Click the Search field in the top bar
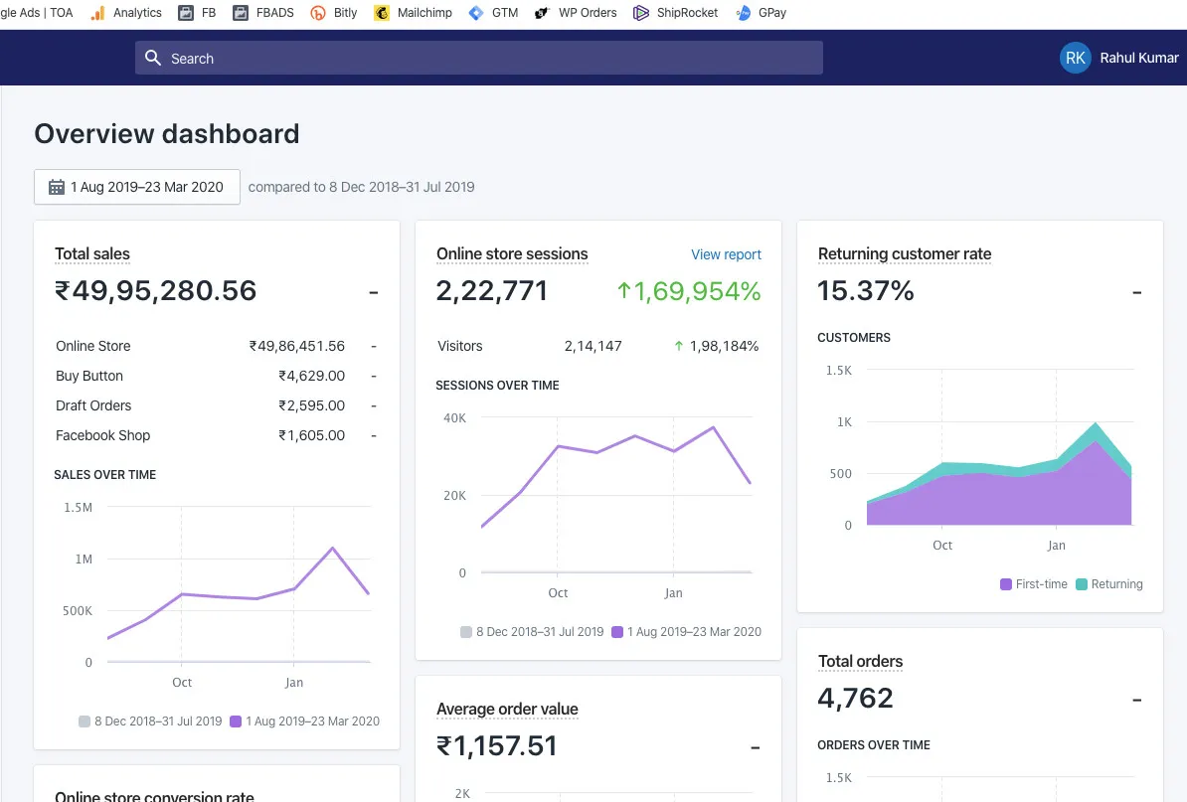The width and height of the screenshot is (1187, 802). tap(478, 59)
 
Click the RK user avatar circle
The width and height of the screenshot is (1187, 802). tap(1075, 59)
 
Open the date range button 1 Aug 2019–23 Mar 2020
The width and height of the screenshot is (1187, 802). tap(137, 187)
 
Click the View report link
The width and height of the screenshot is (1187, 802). tap(726, 254)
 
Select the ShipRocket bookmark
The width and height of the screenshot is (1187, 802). tap(675, 13)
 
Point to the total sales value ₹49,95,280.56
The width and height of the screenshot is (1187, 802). tap(156, 290)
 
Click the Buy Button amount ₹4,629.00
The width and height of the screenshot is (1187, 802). tap(311, 376)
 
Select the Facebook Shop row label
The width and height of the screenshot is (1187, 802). tap(103, 435)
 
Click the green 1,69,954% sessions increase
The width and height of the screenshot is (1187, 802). tap(688, 290)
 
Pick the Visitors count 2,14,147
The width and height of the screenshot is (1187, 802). tap(593, 346)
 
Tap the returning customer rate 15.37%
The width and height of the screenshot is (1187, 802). tap(865, 290)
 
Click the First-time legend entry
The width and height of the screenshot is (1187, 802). tap(1034, 584)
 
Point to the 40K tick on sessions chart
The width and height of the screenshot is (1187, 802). tap(454, 418)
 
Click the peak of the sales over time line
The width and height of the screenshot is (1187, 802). tap(332, 548)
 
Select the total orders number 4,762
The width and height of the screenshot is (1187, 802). tap(855, 698)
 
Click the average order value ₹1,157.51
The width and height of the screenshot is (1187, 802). tap(497, 745)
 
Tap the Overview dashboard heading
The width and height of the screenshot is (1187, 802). tap(167, 134)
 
